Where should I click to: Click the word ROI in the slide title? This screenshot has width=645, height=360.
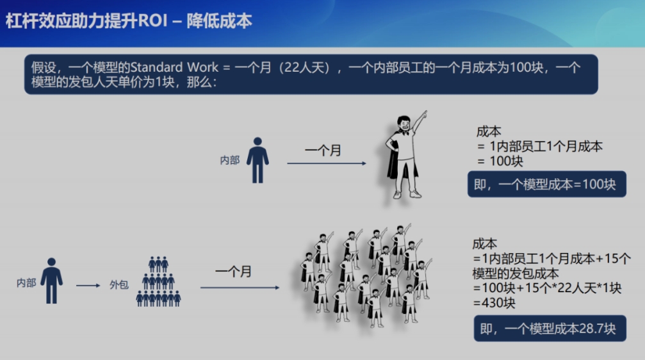point(152,20)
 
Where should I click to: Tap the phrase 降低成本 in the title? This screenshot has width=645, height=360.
point(219,21)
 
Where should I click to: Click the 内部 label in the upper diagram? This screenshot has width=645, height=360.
point(230,160)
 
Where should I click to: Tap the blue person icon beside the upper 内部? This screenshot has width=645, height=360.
point(257,160)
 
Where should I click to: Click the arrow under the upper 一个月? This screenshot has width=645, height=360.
point(327,163)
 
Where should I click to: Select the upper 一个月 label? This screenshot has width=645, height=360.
point(323,151)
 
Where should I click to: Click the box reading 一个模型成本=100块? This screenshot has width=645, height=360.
point(547,184)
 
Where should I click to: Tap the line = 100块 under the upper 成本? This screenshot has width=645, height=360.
point(500,161)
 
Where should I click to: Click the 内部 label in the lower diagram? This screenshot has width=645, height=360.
point(26,283)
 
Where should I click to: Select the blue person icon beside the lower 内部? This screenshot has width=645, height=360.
point(51,281)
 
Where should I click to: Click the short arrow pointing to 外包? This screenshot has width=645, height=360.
point(88,285)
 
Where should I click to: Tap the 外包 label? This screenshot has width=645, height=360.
point(119,284)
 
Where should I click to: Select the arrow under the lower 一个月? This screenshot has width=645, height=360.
point(240,288)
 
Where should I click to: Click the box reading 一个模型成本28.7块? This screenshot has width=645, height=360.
point(550,329)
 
